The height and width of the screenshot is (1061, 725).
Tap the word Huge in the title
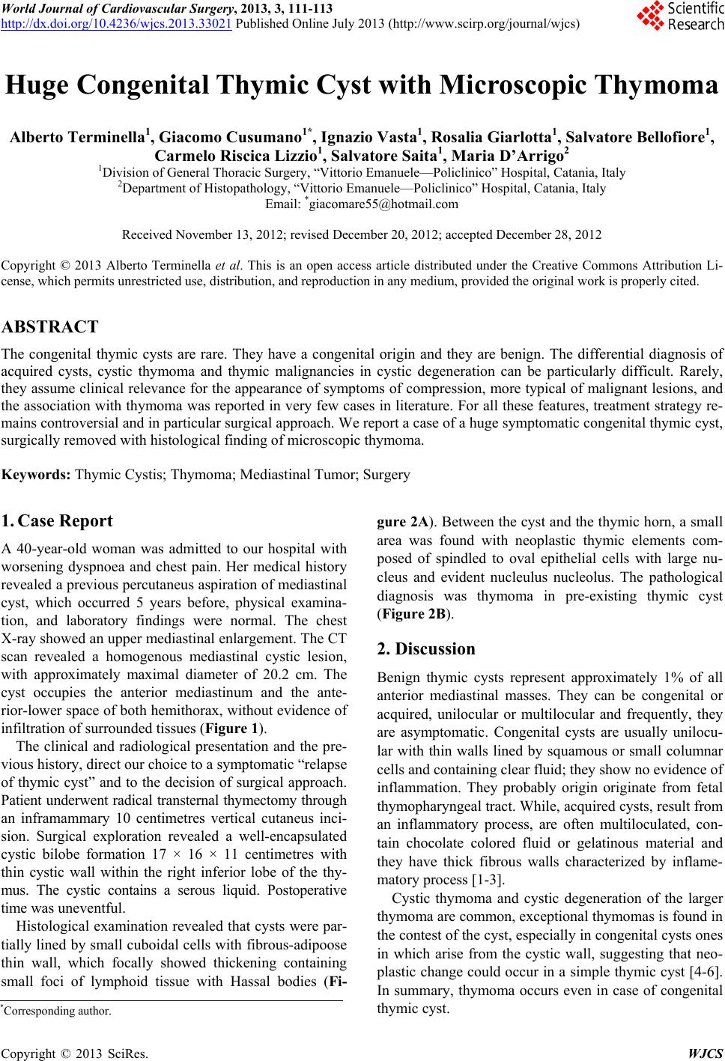[x=46, y=88]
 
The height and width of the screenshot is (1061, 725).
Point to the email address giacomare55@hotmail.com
[x=365, y=203]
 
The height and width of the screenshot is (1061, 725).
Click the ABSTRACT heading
[x=50, y=327]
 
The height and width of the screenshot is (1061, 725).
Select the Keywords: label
[x=37, y=474]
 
